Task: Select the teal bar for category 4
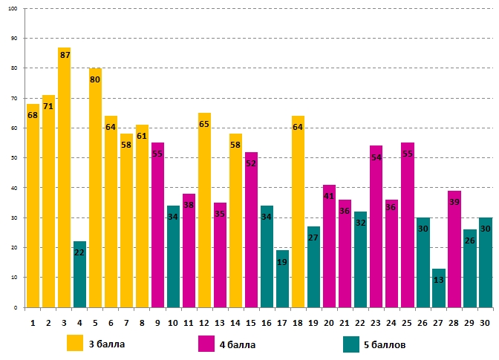click(x=79, y=274)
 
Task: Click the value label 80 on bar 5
click(x=95, y=80)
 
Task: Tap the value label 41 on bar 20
click(x=329, y=196)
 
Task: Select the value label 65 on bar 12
click(x=204, y=125)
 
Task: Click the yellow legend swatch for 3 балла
click(x=75, y=344)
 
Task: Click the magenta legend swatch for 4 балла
click(x=206, y=344)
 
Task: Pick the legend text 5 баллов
click(x=385, y=344)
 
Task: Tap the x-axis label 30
click(x=485, y=322)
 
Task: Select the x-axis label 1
click(x=33, y=322)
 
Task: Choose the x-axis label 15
click(x=251, y=322)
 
